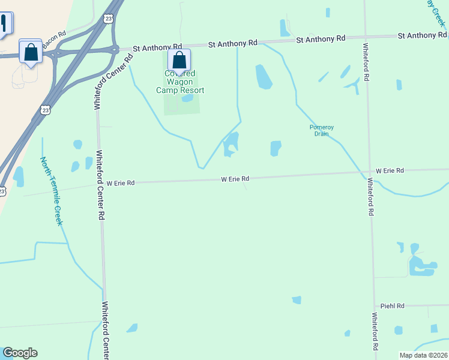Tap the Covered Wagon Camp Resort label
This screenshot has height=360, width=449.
[x=180, y=82]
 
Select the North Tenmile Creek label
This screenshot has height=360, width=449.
[x=51, y=191]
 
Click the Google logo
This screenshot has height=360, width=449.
[x=20, y=353]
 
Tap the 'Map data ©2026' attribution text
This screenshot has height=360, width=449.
[x=423, y=355]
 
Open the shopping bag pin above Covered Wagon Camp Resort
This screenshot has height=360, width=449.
[x=179, y=60]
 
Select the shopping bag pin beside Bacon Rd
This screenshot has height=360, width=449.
[x=30, y=51]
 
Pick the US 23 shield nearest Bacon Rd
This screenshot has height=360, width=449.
[x=108, y=19]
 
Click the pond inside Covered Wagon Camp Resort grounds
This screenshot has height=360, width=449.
[x=187, y=98]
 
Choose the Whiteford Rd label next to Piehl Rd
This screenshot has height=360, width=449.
[x=375, y=331]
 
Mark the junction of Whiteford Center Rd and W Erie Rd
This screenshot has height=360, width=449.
[x=100, y=183]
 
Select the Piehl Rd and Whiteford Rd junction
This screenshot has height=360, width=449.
[x=374, y=306]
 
